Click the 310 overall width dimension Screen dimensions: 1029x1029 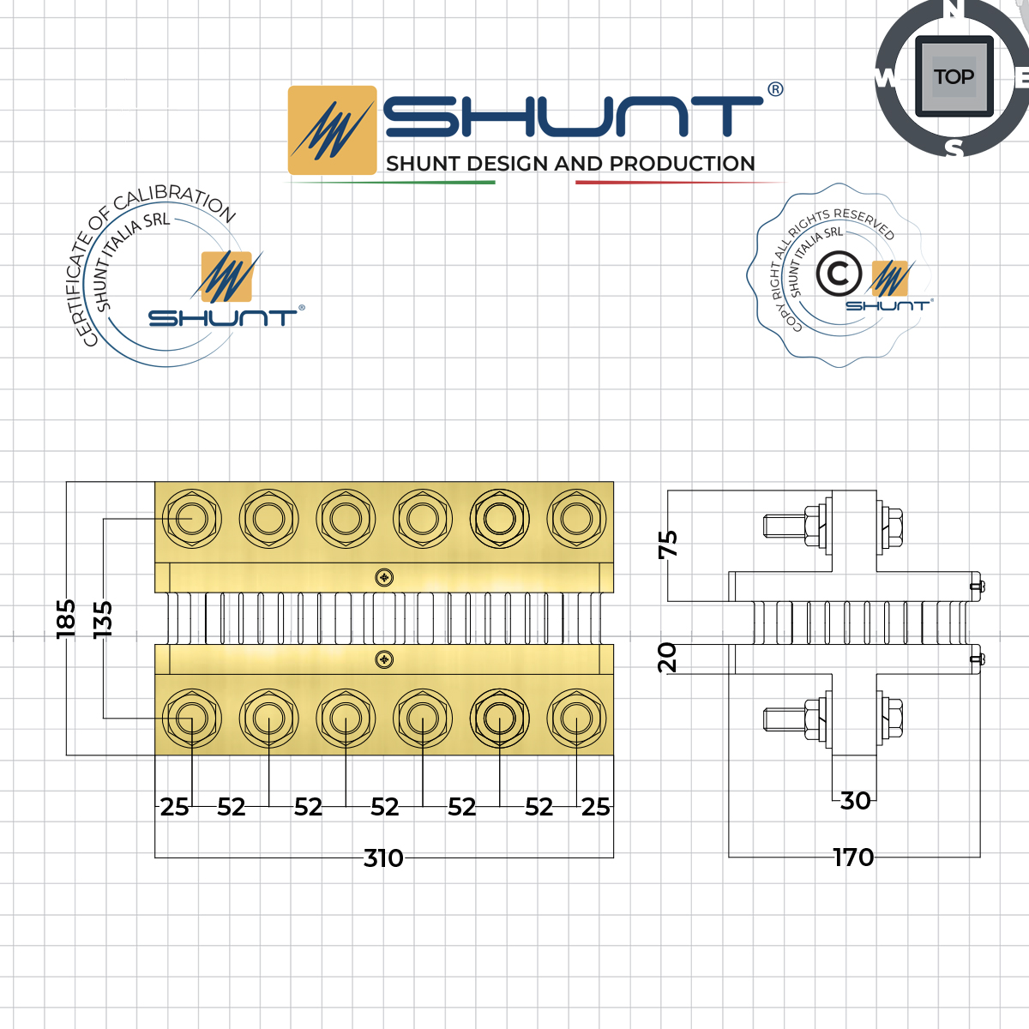(x=383, y=857)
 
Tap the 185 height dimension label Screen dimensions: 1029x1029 (x=66, y=617)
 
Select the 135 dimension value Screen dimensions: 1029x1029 (x=102, y=617)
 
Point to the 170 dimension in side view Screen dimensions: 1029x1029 (x=853, y=857)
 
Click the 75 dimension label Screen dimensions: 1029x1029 (x=668, y=544)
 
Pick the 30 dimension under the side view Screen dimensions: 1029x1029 (x=855, y=800)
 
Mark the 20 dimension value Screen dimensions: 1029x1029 (x=667, y=657)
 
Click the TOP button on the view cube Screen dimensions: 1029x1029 (x=954, y=77)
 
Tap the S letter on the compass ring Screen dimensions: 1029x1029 (x=954, y=148)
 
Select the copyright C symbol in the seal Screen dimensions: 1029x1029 (x=838, y=274)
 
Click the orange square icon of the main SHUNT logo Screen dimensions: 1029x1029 (x=332, y=130)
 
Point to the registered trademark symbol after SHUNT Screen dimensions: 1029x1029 (x=775, y=89)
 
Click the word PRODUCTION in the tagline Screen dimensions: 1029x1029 (x=683, y=164)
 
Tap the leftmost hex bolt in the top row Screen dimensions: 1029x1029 (x=192, y=519)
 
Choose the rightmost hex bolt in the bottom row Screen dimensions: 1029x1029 (x=576, y=717)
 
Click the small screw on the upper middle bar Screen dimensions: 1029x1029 (x=385, y=577)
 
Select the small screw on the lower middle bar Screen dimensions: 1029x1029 (x=385, y=659)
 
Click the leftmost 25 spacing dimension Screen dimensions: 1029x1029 (x=174, y=807)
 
